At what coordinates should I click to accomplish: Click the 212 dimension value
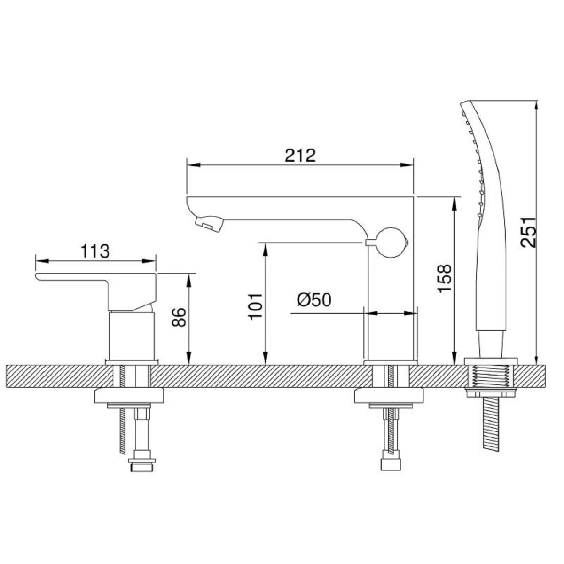click(x=301, y=156)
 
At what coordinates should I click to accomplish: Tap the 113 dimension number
click(x=95, y=251)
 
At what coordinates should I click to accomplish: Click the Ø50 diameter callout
click(x=314, y=299)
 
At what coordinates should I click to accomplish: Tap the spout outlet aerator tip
click(x=209, y=223)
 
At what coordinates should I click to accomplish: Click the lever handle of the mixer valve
click(x=97, y=290)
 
